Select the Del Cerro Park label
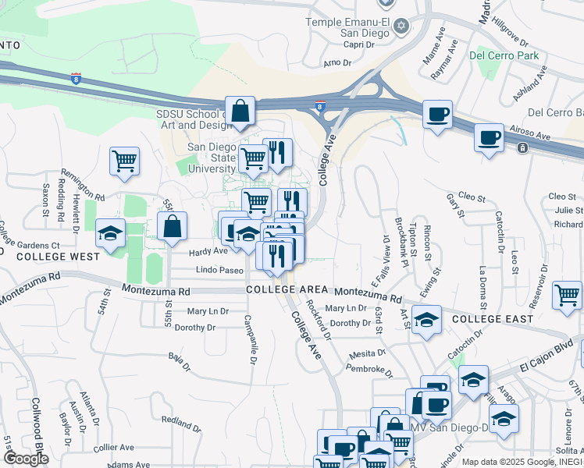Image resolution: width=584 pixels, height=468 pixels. (504, 55)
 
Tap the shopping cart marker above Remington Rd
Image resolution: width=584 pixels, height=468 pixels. (124, 162)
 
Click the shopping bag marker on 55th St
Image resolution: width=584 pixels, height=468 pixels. (173, 227)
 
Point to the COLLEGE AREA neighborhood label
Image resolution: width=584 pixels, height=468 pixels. (282, 289)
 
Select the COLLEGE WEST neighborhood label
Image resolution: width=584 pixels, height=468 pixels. (59, 256)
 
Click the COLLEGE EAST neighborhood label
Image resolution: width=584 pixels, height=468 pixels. (493, 319)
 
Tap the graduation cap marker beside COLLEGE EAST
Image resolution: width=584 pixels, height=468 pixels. (426, 320)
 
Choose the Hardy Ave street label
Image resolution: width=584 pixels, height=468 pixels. (208, 252)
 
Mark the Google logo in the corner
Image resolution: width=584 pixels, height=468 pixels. (26, 459)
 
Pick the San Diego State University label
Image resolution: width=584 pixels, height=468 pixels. (212, 158)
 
